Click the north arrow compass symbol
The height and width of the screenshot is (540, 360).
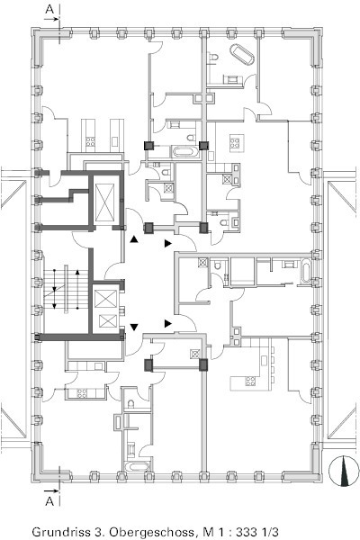[x=342, y=471]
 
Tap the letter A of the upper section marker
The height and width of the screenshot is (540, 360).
[x=50, y=9]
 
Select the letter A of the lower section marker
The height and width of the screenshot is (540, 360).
[x=50, y=501]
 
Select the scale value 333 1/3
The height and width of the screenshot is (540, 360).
[x=256, y=532]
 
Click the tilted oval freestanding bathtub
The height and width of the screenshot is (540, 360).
[x=242, y=54]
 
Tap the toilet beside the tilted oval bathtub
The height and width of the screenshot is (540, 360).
[x=214, y=57]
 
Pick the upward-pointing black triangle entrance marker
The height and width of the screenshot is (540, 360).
[x=134, y=239]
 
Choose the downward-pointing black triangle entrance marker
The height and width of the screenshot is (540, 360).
[x=134, y=327]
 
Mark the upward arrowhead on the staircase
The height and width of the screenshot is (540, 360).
[x=77, y=272]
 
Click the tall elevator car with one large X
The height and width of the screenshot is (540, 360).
[x=104, y=202]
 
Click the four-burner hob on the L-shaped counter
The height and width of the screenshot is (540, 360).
[x=250, y=381]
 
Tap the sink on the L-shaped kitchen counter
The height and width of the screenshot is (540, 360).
[x=265, y=361]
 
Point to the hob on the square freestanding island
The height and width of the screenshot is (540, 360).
[x=235, y=142]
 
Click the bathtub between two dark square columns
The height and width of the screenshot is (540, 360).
[x=185, y=152]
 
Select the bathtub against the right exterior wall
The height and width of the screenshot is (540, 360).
[x=306, y=272]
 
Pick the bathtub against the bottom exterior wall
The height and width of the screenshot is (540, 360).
[x=138, y=466]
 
